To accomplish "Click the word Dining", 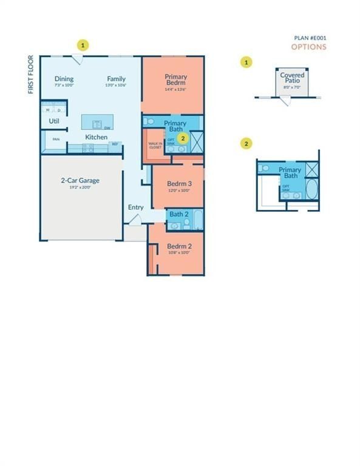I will (x=64, y=79).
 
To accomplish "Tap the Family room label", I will (x=117, y=79).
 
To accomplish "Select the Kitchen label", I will (x=96, y=137).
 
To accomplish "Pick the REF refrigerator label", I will (x=114, y=144).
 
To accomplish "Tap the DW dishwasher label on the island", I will (x=107, y=128).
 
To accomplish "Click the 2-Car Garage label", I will (x=80, y=180).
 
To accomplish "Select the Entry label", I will (x=135, y=208).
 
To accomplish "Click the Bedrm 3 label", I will (x=179, y=183).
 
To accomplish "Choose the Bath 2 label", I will (x=178, y=214).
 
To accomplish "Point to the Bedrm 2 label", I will (x=179, y=246).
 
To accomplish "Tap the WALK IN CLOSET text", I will (x=155, y=146).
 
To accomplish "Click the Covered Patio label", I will (x=292, y=78).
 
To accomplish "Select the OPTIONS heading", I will (x=308, y=47).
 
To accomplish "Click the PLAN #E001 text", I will (x=310, y=38).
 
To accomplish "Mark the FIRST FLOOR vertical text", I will (x=30, y=75).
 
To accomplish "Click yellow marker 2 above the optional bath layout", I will (x=246, y=144).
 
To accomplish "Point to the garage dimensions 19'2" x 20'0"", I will (x=80, y=187).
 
